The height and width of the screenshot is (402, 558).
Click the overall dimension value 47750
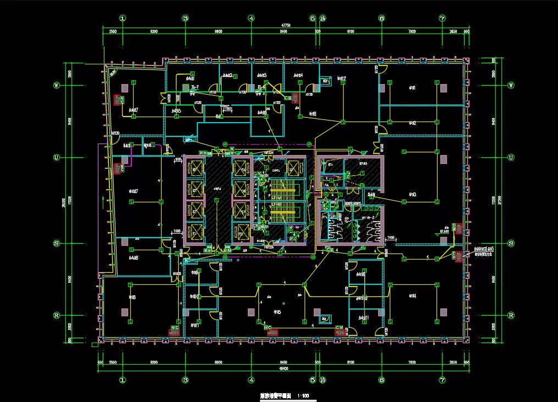[x=285, y=25]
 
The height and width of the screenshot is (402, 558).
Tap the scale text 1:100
[x=302, y=395]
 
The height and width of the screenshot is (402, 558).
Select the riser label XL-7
[x=194, y=87]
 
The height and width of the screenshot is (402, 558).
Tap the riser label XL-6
[x=262, y=87]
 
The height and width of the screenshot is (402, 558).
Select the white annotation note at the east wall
[x=487, y=252]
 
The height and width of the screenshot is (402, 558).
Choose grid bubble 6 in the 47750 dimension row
[x=381, y=18]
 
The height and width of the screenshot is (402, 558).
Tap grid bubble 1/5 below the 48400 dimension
[x=322, y=379]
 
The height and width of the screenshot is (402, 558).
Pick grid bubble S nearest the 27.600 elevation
[x=511, y=243]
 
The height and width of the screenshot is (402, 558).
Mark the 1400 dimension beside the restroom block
[x=390, y=238]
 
